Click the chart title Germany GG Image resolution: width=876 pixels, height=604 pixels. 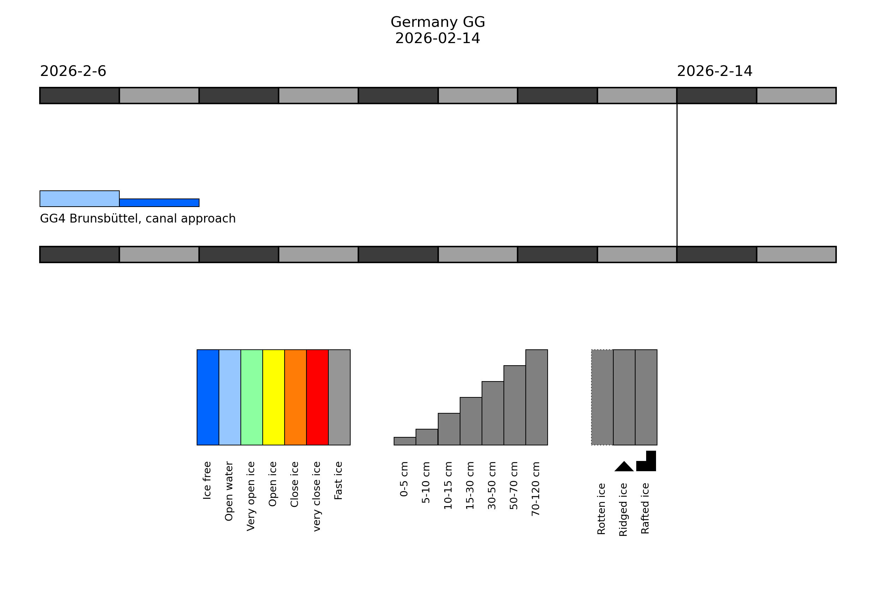[x=437, y=22]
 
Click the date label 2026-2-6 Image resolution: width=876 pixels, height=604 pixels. [x=73, y=71]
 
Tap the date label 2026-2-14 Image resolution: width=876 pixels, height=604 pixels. [x=715, y=71]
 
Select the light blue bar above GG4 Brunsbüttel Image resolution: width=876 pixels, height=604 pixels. [x=79, y=199]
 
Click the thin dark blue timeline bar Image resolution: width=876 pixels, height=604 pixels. [x=159, y=203]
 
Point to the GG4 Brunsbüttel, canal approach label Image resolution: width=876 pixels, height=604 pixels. [x=138, y=219]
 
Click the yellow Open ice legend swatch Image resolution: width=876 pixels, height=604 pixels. [x=274, y=397]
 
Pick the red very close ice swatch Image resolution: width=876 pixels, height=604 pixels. [x=317, y=397]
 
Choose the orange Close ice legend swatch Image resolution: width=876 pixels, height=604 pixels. [x=296, y=397]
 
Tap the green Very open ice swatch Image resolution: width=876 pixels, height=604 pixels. [x=251, y=397]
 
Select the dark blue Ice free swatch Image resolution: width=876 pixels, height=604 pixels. [x=208, y=397]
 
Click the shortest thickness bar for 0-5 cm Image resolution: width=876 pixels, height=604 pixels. [x=405, y=441]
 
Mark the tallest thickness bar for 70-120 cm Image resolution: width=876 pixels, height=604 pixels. [x=536, y=397]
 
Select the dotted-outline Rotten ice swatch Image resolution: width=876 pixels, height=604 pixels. [x=602, y=397]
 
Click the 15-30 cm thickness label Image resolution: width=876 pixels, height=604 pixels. [x=470, y=485]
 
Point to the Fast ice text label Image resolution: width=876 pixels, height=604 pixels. [x=339, y=481]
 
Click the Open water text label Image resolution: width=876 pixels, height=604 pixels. [x=229, y=491]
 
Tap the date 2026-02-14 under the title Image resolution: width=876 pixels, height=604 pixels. [x=437, y=38]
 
